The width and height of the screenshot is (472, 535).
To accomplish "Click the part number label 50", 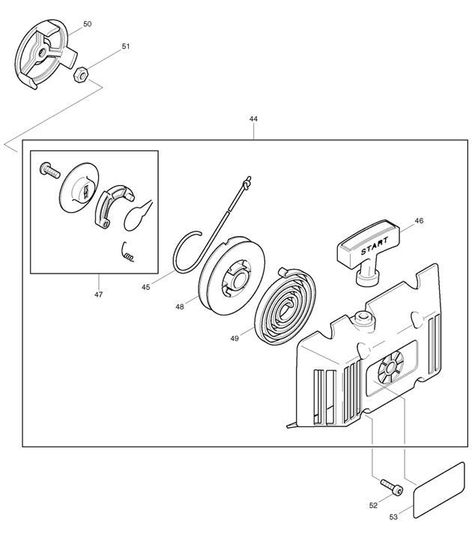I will click(x=87, y=25).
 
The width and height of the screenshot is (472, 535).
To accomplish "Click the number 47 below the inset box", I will click(x=98, y=294).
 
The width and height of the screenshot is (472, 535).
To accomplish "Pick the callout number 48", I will click(x=180, y=306).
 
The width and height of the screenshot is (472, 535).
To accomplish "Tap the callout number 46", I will click(x=419, y=221).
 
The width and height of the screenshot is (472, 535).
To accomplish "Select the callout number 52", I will click(x=373, y=506).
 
